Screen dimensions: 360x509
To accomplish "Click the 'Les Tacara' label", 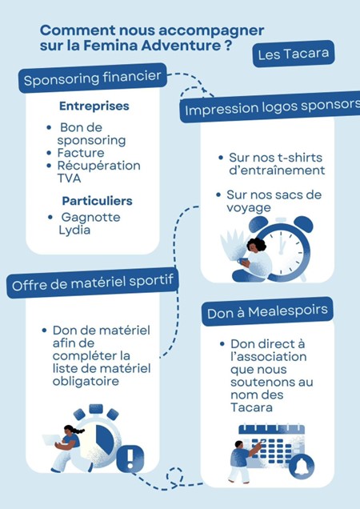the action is pyautogui.click(x=294, y=54).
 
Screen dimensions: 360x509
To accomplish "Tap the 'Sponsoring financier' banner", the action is pyautogui.click(x=93, y=78).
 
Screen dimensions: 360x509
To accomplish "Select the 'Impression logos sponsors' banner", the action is pyautogui.click(x=270, y=107).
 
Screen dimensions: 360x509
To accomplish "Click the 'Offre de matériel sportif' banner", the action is pyautogui.click(x=93, y=283).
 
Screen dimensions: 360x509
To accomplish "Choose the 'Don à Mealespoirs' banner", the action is pyautogui.click(x=267, y=311).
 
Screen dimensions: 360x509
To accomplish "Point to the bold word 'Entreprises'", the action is pyautogui.click(x=94, y=106).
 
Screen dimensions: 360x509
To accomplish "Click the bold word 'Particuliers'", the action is pyautogui.click(x=97, y=201).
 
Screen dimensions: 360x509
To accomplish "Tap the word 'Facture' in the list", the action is pyautogui.click(x=81, y=153).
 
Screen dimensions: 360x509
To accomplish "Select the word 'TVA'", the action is pyautogui.click(x=69, y=178).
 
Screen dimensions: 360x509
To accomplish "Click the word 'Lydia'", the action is pyautogui.click(x=74, y=230).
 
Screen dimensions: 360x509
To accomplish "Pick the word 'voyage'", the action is pyautogui.click(x=249, y=208).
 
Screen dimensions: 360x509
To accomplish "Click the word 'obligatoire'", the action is pyautogui.click(x=86, y=382).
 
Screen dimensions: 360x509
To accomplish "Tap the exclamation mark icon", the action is pyautogui.click(x=130, y=459).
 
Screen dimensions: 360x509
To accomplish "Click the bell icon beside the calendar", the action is pyautogui.click(x=302, y=467).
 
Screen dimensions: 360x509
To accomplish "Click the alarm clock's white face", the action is pyautogui.click(x=284, y=251).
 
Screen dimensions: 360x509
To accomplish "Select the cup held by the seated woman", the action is pyautogui.click(x=242, y=261).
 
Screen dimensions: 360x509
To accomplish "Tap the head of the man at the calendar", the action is pyautogui.click(x=239, y=444).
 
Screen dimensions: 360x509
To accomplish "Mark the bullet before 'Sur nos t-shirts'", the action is pyautogui.click(x=221, y=158).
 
